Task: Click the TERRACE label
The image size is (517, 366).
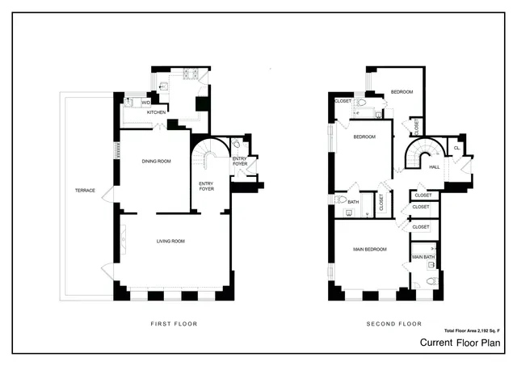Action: tap(86, 191)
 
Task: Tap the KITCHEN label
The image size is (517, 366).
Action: tap(156, 112)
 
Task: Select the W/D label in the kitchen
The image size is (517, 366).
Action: tap(146, 103)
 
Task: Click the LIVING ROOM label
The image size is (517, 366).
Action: tap(170, 241)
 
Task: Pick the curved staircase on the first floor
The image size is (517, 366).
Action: tap(211, 154)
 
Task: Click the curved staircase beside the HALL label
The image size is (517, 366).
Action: tap(422, 154)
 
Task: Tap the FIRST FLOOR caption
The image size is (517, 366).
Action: tap(174, 324)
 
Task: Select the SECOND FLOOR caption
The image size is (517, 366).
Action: tap(394, 324)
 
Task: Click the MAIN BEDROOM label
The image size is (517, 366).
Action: tap(369, 249)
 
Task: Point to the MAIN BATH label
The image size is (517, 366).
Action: tap(423, 257)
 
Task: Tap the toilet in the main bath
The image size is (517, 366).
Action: tap(431, 281)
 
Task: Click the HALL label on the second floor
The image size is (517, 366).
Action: tap(435, 167)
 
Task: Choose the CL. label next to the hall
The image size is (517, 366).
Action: tap(457, 148)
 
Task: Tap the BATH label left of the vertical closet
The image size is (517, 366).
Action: tap(353, 201)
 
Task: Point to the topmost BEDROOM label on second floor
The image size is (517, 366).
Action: tap(401, 92)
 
